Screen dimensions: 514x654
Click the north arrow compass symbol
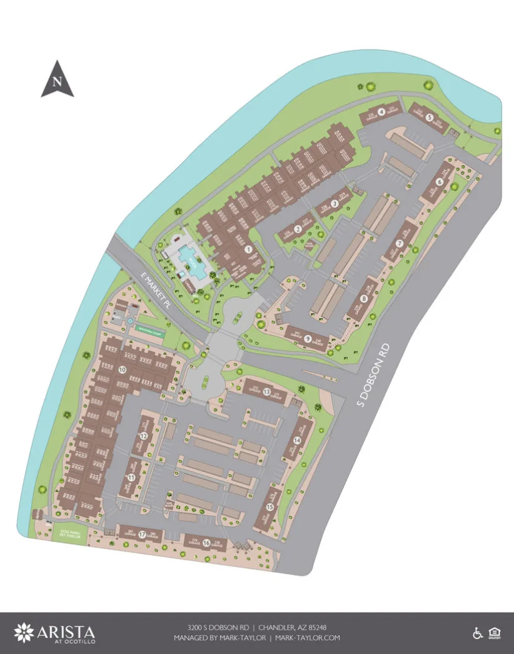pos(58,80)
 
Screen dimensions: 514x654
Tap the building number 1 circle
pos(248,249)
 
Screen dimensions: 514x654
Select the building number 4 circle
pos(381,112)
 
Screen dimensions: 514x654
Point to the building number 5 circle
pos(430,116)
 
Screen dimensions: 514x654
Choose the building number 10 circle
pos(122,370)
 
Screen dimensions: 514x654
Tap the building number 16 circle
pos(206,542)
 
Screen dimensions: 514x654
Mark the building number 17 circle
pos(143,535)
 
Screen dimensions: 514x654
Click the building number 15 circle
pos(270,507)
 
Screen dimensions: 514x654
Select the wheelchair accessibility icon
pos(478,633)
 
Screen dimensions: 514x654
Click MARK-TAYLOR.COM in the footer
pos(308,638)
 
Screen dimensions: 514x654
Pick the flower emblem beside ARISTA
pos(24,633)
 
